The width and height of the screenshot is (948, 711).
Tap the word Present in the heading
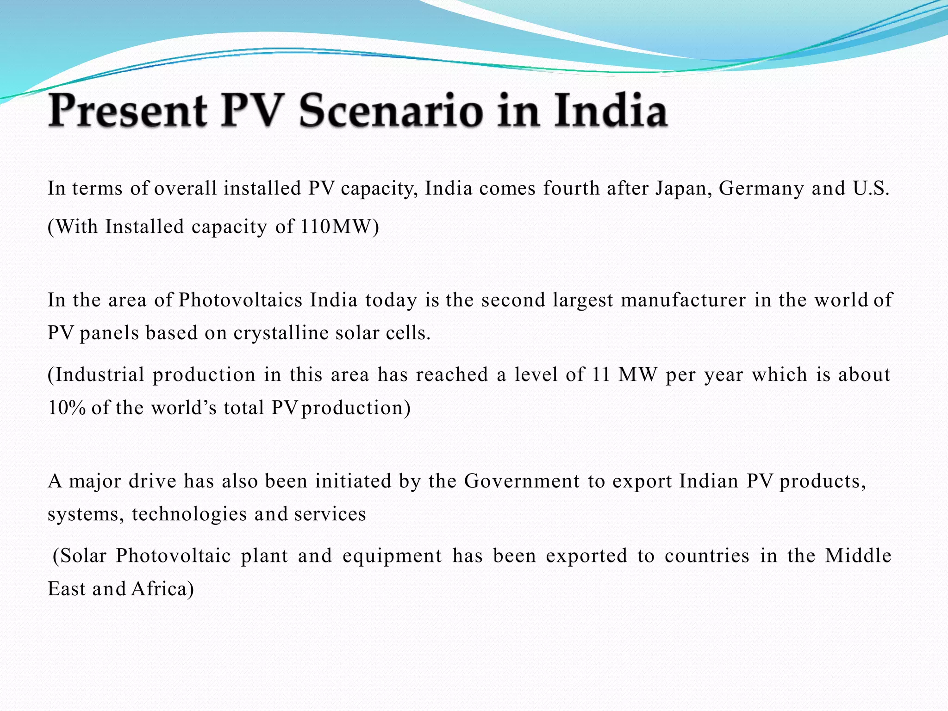click(128, 111)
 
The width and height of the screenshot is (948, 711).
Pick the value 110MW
click(336, 227)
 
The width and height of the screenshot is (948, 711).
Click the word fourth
click(571, 188)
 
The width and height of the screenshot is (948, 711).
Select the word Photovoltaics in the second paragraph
click(240, 300)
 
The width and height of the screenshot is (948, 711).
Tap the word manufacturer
click(683, 300)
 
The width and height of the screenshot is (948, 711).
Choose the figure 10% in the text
click(67, 408)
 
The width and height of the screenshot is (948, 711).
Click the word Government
click(522, 481)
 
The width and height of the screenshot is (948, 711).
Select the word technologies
click(189, 514)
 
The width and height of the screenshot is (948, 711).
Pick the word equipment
click(392, 555)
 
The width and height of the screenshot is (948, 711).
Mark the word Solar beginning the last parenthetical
click(83, 555)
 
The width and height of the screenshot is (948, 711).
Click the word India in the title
click(611, 111)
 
